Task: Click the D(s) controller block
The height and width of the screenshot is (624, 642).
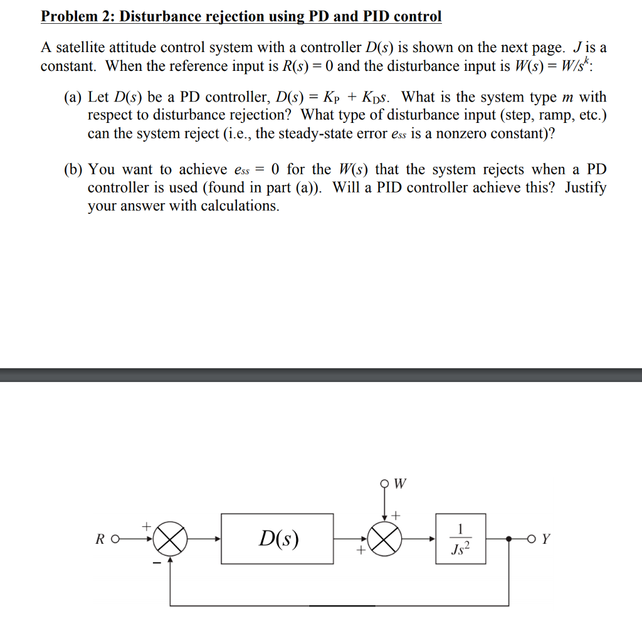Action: tap(277, 538)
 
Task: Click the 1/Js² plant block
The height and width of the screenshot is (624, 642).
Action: tap(461, 539)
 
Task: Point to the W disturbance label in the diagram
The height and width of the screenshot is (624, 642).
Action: tap(401, 484)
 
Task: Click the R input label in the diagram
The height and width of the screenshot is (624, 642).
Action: tap(100, 539)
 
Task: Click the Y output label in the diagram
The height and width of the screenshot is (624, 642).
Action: tap(546, 539)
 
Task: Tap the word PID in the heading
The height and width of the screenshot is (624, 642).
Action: tap(378, 16)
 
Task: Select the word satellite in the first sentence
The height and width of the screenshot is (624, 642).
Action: tap(81, 48)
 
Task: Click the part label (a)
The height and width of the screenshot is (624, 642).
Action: tap(74, 97)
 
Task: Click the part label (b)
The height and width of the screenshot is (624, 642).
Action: tap(74, 169)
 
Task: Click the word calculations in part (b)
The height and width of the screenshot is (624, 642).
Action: tap(239, 206)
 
